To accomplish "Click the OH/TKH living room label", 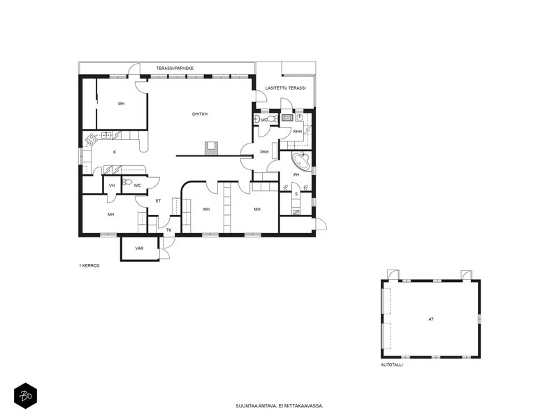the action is [200, 114].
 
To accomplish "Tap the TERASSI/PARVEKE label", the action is [175, 68].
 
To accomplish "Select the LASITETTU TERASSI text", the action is [286, 88].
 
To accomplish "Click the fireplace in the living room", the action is [211, 148].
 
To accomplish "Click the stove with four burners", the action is [91, 139].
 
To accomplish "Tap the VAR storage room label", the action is [139, 248].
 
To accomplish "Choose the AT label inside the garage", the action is [431, 319].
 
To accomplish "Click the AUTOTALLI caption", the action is [392, 365].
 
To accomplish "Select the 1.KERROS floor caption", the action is [89, 266].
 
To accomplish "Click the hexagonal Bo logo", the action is [25, 395].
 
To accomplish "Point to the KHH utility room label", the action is [298, 132].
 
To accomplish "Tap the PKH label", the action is [264, 152].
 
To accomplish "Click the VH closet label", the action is [112, 185].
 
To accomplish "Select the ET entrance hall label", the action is [159, 201].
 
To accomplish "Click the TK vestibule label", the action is [169, 230].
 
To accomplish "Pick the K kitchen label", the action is [115, 152].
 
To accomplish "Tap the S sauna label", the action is [296, 195].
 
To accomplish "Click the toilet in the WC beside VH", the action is [127, 182].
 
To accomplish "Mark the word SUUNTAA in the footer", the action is [245, 406].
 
